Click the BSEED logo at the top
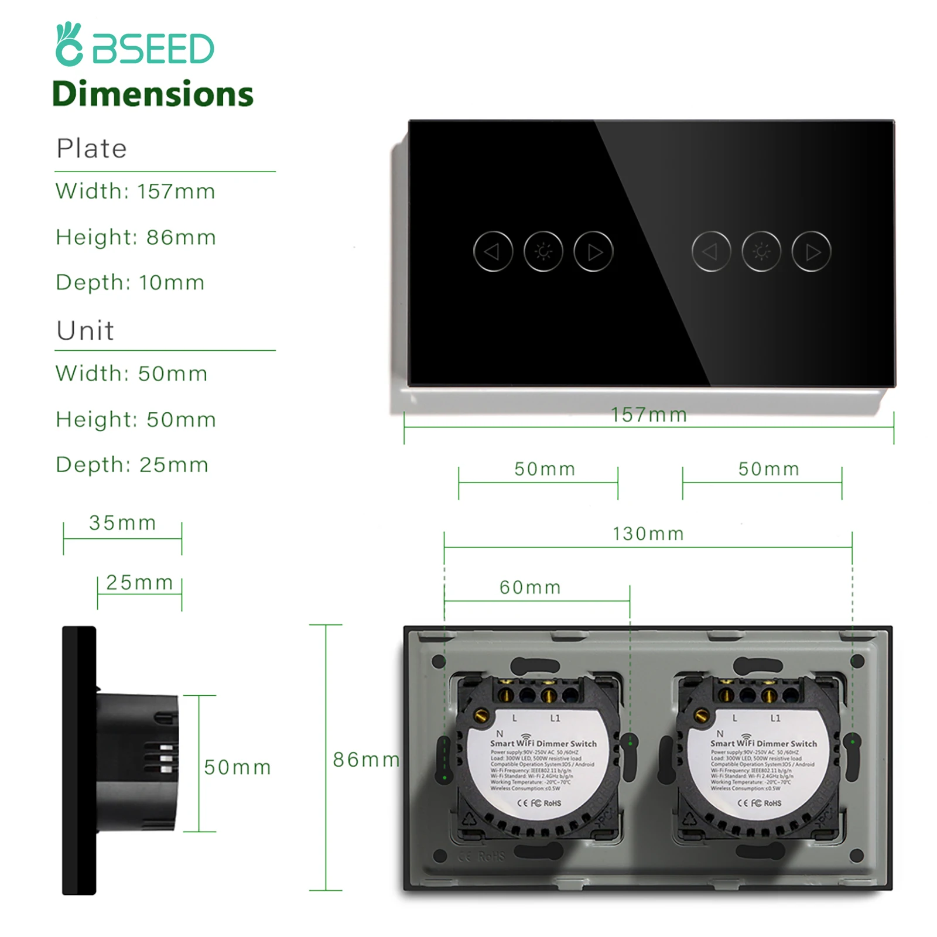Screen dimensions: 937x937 pos(135,45)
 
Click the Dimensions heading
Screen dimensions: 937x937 pos(153,94)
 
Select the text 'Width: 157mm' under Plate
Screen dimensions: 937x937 pos(135,191)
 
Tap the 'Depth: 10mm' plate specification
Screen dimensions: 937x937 pos(130,282)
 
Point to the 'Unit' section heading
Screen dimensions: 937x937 pos(85,331)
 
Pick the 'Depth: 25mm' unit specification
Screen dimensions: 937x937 pos(132,464)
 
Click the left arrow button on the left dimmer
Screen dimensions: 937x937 pos(493,252)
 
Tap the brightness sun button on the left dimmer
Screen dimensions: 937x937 pos(543,252)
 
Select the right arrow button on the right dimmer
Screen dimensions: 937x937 pos(811,252)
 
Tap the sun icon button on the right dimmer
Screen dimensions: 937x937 pos(761,252)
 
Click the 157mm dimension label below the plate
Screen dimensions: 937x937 pos(649,415)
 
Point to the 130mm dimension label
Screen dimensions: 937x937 pos(648,534)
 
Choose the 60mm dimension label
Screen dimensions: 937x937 pos(530,587)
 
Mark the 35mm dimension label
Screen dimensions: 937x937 pos(122,522)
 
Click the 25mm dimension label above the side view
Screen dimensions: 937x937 pos(139,582)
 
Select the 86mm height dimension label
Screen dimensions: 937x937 pos(366,760)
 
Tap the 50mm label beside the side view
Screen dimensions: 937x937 pos(237,767)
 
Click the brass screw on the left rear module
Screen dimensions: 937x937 pos(482,714)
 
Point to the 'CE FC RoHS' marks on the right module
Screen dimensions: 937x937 pos(759,803)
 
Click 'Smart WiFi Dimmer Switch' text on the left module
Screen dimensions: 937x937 pos(543,743)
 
